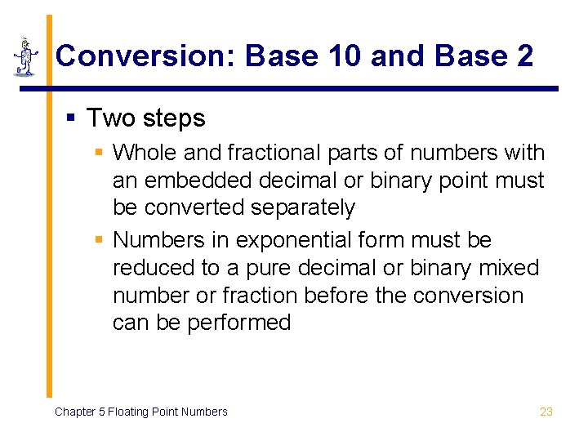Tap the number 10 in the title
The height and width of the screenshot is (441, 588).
tap(344, 56)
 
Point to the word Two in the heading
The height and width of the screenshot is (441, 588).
tap(111, 118)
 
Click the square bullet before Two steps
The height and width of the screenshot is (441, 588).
tap(71, 119)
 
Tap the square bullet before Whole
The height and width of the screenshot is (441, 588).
tap(99, 154)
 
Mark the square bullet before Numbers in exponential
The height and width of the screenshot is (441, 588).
tap(99, 241)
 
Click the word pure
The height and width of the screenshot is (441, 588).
tap(252, 268)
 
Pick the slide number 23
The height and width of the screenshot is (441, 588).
tap(546, 412)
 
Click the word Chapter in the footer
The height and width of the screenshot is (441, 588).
tap(75, 412)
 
